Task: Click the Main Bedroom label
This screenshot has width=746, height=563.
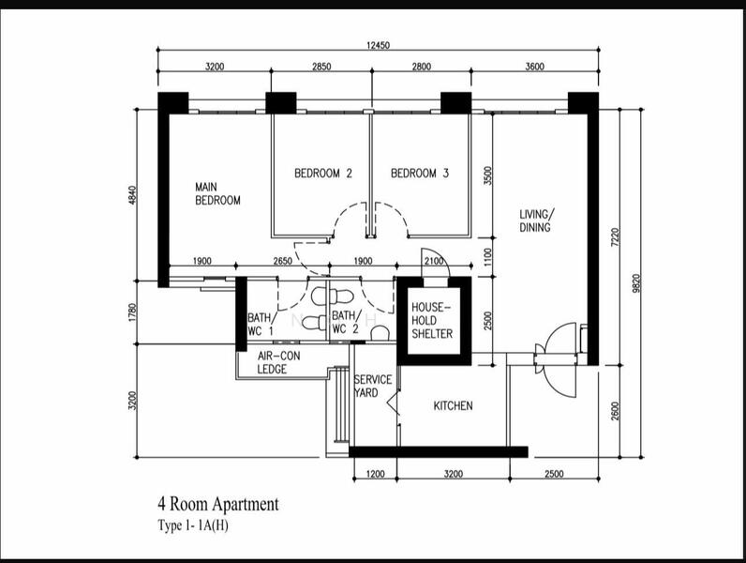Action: click(x=217, y=194)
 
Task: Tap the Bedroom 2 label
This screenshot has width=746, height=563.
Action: click(x=323, y=173)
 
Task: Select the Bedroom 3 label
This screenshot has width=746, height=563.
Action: click(x=420, y=173)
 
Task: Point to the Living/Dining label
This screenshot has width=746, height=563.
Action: click(x=536, y=221)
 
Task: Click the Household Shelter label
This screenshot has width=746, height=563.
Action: click(x=432, y=320)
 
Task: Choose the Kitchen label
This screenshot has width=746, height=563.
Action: click(x=453, y=405)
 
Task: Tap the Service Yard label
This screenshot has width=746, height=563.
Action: click(x=373, y=387)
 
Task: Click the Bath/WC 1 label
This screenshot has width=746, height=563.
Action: click(x=260, y=324)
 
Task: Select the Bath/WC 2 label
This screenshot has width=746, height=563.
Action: click(x=346, y=322)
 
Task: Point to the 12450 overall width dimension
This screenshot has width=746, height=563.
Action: click(x=378, y=46)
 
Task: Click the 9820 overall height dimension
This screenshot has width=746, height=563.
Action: click(x=636, y=283)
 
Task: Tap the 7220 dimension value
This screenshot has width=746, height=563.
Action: click(x=615, y=236)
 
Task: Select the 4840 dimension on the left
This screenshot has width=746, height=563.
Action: click(x=133, y=195)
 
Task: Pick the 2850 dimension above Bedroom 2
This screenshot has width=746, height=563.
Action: click(x=321, y=67)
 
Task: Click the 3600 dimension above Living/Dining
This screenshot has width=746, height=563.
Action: click(x=534, y=67)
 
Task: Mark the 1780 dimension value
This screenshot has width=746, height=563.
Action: click(x=133, y=312)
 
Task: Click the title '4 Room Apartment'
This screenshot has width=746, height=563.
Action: click(x=218, y=504)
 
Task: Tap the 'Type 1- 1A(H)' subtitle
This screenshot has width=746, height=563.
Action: click(x=193, y=525)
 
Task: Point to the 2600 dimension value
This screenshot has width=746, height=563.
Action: click(x=615, y=411)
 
